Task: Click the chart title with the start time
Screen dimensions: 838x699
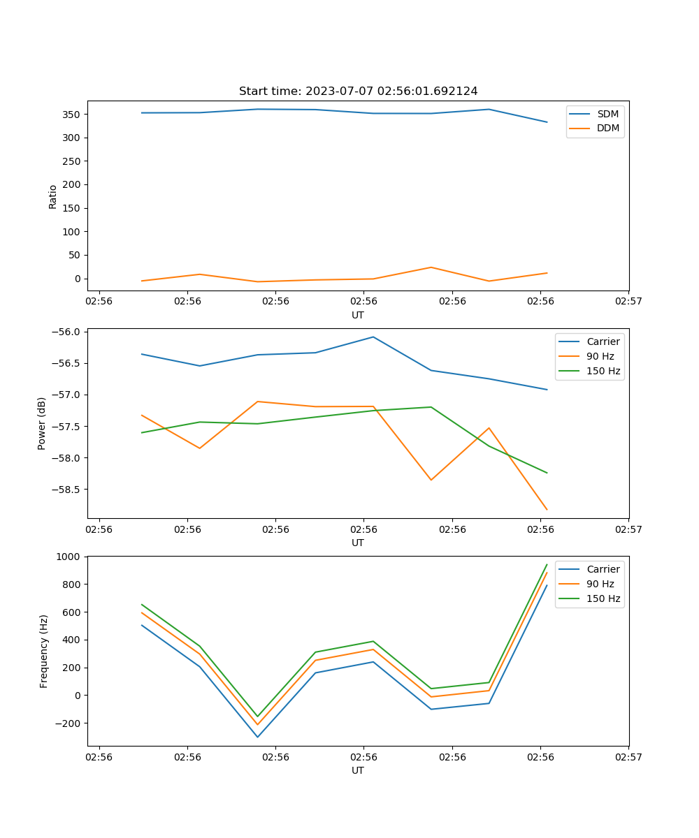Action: pos(358,91)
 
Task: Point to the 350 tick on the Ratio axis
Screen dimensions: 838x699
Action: pos(72,114)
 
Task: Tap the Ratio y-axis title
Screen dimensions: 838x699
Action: pos(53,197)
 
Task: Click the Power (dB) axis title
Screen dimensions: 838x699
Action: pos(42,423)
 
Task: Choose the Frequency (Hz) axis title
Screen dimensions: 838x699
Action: pos(43,651)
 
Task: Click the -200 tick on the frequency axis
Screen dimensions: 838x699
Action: pos(69,723)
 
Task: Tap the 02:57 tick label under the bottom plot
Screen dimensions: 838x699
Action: pos(628,756)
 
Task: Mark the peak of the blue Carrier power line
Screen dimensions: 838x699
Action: pos(373,337)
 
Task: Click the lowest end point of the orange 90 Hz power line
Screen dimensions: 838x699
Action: pos(547,510)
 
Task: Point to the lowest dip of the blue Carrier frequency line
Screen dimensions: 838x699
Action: pos(257,737)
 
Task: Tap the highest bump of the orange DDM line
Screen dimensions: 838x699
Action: pos(431,267)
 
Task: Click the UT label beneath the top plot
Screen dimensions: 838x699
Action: pos(358,315)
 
